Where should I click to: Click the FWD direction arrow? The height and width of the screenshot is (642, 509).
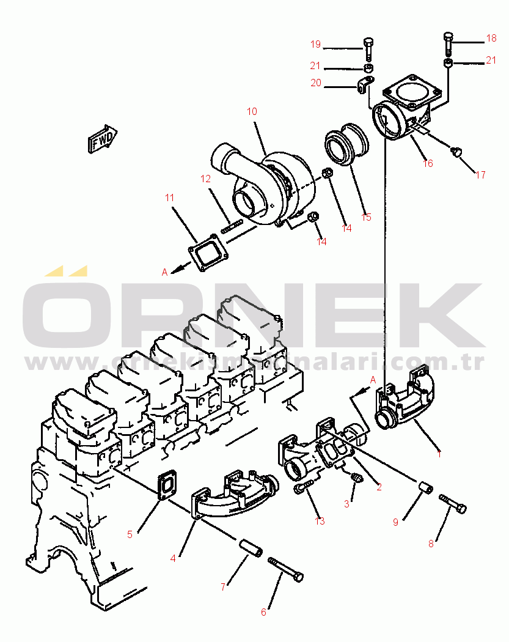103,139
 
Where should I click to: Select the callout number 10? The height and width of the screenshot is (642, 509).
252,111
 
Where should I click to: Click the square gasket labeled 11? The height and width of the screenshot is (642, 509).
209,252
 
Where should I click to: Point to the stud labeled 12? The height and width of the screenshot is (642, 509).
232,227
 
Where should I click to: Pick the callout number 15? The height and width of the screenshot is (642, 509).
366,217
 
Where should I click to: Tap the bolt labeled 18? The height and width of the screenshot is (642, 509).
449,45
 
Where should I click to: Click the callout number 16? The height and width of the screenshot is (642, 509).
428,163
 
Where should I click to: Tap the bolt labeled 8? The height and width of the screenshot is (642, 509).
453,504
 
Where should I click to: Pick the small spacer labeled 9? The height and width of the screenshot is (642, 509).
425,488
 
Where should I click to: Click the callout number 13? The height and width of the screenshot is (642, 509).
320,521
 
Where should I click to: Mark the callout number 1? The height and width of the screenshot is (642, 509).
439,454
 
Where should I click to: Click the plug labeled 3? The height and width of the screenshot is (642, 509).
357,478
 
